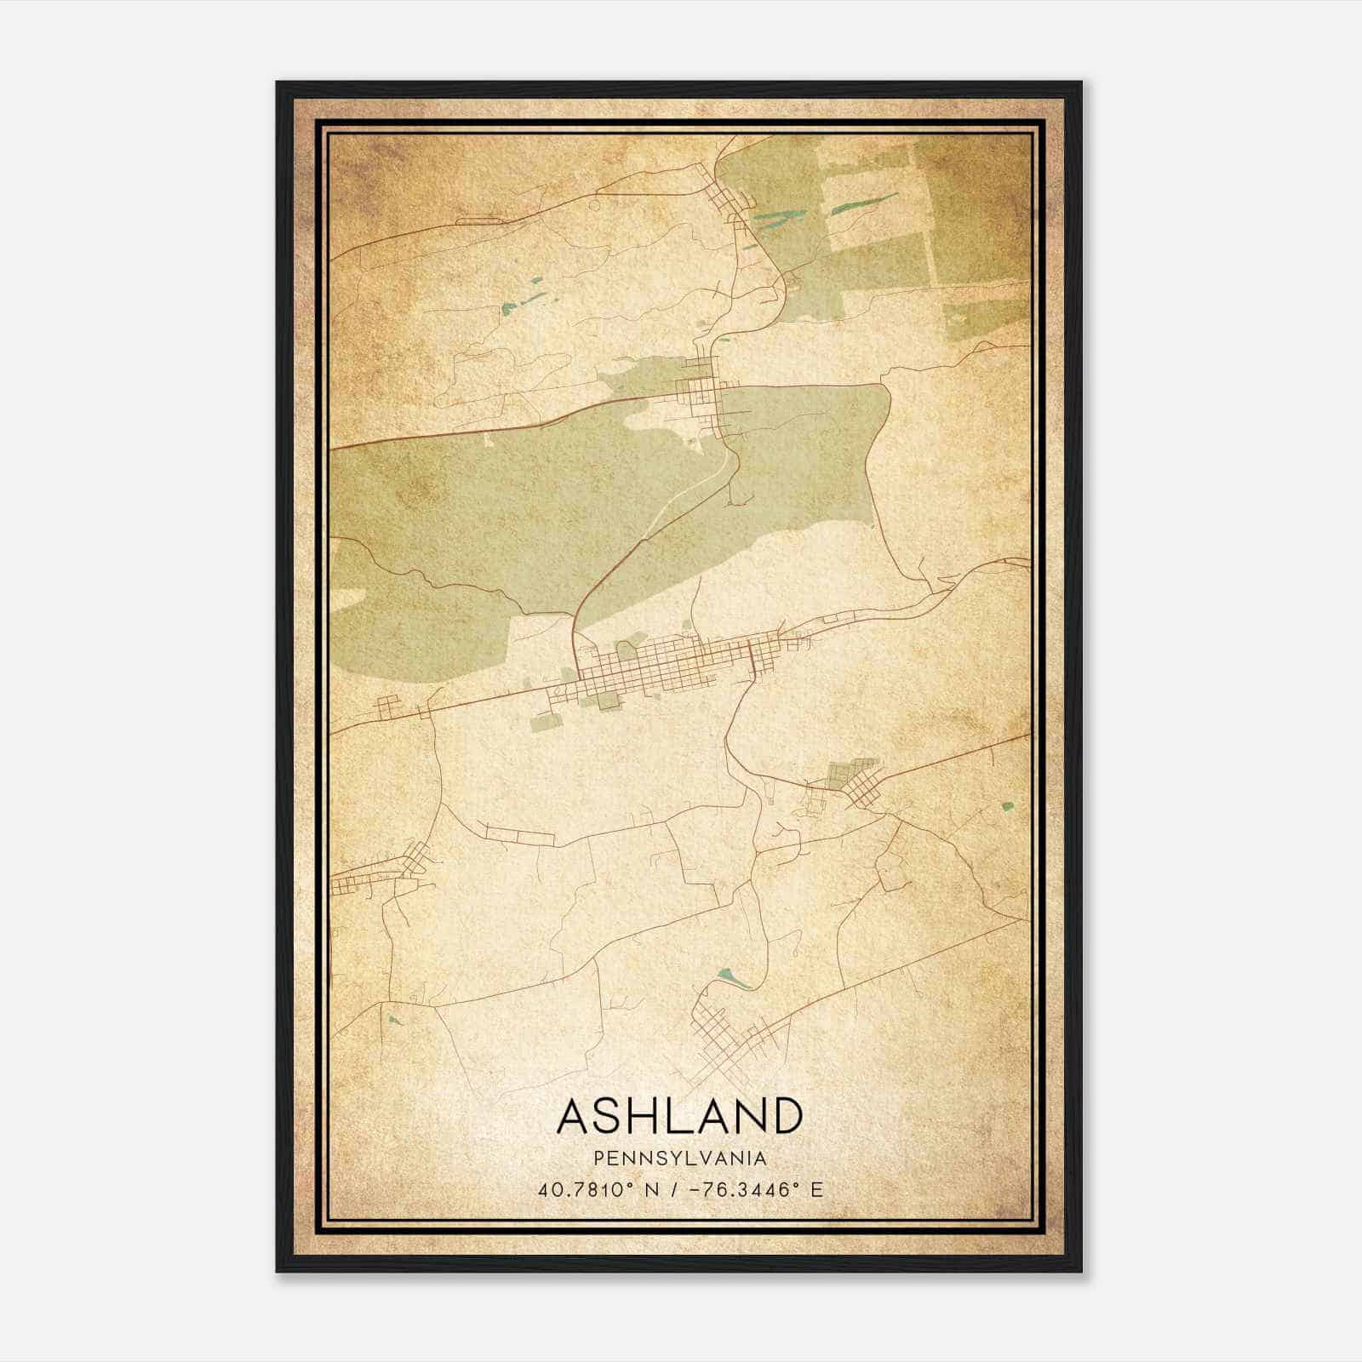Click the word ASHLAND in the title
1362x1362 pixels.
(x=679, y=1116)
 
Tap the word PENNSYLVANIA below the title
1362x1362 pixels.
(x=680, y=1159)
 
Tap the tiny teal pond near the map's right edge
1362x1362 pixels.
(x=1009, y=805)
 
